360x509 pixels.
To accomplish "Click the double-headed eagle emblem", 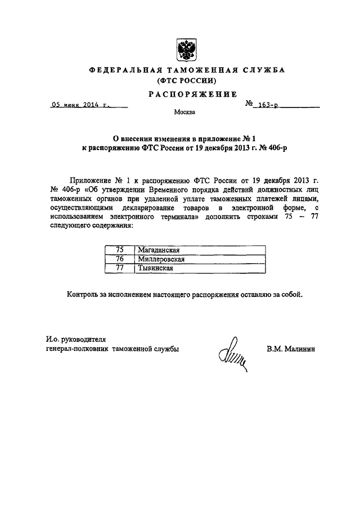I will [x=183, y=49].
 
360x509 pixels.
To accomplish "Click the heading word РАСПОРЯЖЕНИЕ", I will [x=184, y=94].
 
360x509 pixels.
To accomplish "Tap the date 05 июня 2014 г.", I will [x=80, y=105].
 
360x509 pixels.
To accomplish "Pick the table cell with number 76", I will [x=119, y=259].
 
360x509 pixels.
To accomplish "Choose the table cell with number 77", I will [x=119, y=268].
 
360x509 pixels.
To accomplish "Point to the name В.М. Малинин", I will [x=291, y=349].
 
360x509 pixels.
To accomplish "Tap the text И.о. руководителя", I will [x=75, y=339].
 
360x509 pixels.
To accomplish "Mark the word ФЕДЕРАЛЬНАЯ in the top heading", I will [x=123, y=70].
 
